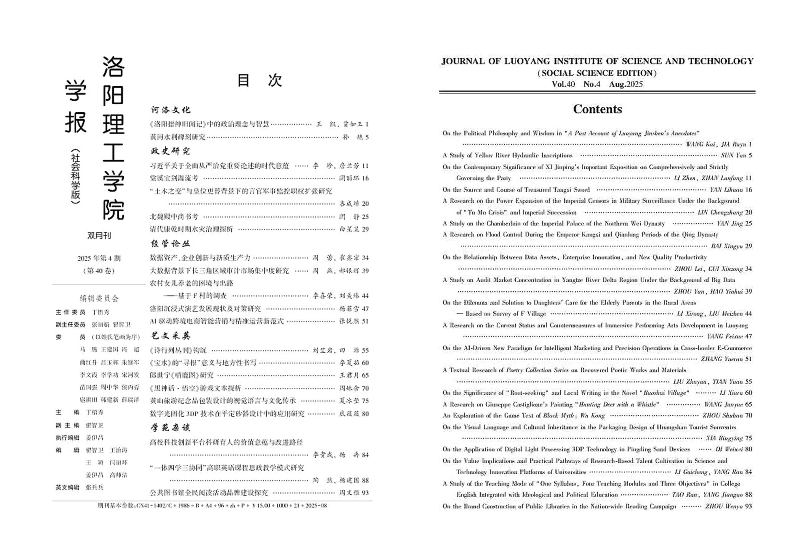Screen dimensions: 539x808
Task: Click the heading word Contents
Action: pyautogui.click(x=597, y=109)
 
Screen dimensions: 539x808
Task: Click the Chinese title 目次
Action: pyautogui.click(x=259, y=80)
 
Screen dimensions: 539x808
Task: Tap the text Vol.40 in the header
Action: pyautogui.click(x=563, y=84)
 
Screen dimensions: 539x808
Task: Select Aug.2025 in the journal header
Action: pyautogui.click(x=626, y=84)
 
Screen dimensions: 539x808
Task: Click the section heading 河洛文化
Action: pyautogui.click(x=170, y=110)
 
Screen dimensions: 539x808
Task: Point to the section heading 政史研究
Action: pyautogui.click(x=170, y=151)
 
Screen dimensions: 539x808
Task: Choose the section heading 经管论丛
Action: pyautogui.click(x=170, y=244)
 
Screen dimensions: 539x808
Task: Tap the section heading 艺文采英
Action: pyautogui.click(x=170, y=336)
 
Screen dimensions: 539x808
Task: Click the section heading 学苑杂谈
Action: pyautogui.click(x=170, y=428)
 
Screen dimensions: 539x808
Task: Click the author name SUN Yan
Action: pyautogui.click(x=733, y=156)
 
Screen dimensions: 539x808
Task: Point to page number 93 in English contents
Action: pyautogui.click(x=748, y=506)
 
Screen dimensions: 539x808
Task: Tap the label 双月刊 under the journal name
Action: pyautogui.click(x=99, y=236)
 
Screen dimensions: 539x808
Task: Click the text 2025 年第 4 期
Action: pyautogui.click(x=99, y=259)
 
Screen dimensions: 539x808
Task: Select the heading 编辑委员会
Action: pyautogui.click(x=99, y=299)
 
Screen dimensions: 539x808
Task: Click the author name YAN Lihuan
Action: pyautogui.click(x=726, y=190)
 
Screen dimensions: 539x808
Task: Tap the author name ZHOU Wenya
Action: pyautogui.click(x=724, y=506)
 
